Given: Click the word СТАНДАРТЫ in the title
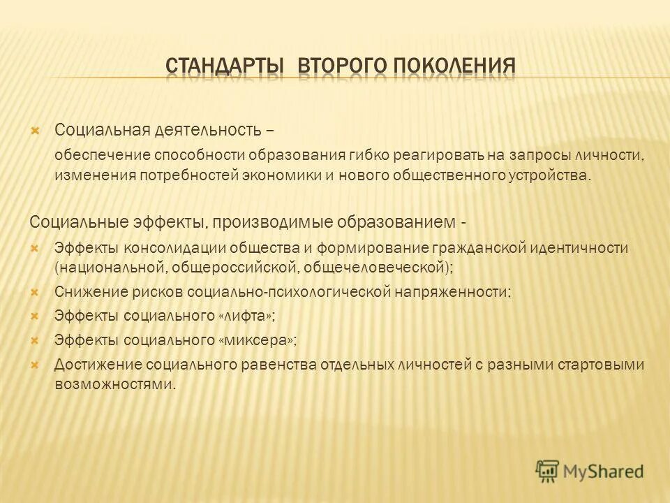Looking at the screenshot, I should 225,67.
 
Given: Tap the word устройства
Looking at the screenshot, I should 550,174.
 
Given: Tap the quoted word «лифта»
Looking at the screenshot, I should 246,316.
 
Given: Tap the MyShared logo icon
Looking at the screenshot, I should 547,471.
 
